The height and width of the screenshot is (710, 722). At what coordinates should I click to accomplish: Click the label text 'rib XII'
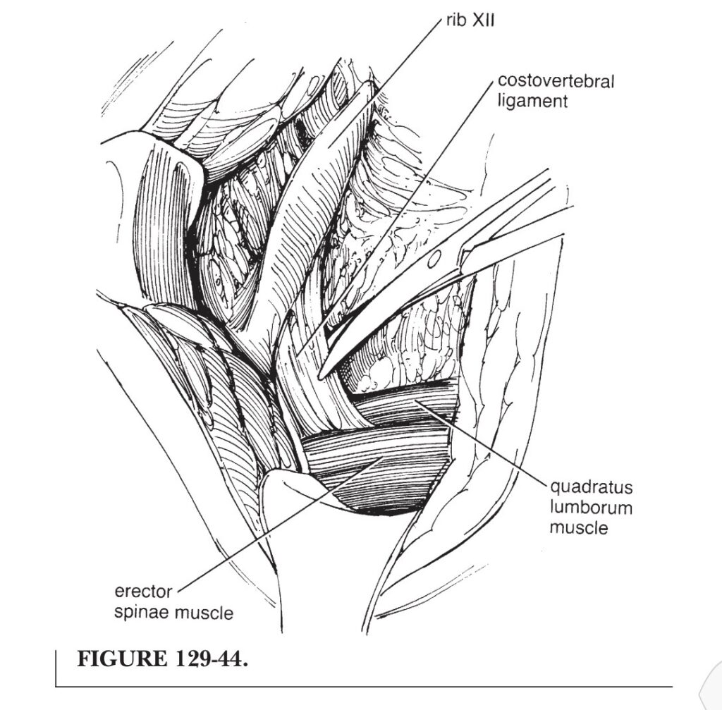pos(470,20)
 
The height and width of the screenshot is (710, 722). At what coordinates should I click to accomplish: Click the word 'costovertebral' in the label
pos(556,81)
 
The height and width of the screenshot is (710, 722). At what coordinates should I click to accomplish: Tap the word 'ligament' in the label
pos(532,102)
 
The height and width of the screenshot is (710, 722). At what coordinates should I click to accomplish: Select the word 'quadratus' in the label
pos(592,487)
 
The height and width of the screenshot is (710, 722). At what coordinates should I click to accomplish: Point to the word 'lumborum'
pos(592,508)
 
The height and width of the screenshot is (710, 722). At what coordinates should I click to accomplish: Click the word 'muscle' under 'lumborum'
pos(579,527)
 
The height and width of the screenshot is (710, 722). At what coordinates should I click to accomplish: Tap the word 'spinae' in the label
pos(141,613)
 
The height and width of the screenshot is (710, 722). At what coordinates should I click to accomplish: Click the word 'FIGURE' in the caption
pos(122,659)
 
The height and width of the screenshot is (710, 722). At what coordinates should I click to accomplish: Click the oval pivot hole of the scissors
pos(434,259)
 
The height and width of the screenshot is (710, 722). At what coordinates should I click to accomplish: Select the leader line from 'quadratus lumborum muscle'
pos(482,443)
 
